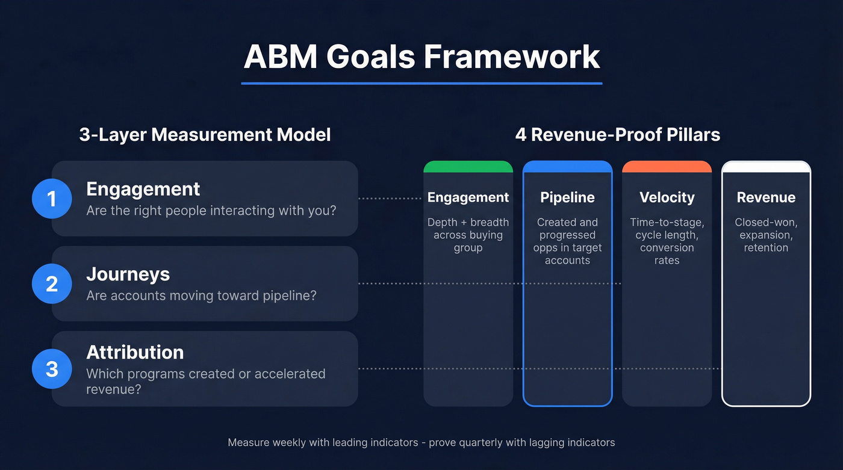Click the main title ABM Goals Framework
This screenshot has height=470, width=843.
(x=421, y=57)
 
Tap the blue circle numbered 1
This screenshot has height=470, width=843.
(x=52, y=198)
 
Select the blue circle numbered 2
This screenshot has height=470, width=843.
(x=52, y=283)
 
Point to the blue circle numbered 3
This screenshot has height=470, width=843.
(x=52, y=368)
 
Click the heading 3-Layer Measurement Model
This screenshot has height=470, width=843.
(x=205, y=134)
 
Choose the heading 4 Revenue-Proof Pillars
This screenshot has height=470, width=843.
(x=617, y=134)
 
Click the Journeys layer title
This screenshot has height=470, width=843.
(x=128, y=274)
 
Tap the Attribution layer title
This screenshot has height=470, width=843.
(x=135, y=352)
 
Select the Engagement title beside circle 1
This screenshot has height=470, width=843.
(x=143, y=189)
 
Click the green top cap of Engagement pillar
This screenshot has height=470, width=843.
(x=468, y=167)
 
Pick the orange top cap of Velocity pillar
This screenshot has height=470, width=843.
(x=667, y=167)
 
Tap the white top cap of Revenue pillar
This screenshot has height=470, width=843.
(x=766, y=167)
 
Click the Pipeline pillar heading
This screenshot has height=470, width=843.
(x=567, y=197)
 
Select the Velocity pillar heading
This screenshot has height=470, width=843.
(x=667, y=197)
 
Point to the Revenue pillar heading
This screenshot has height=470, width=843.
(x=766, y=197)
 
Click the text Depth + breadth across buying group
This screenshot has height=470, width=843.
(x=468, y=235)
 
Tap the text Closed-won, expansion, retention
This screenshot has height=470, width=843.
(x=766, y=235)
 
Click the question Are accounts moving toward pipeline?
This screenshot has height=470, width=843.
(x=201, y=295)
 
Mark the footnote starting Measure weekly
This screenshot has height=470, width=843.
(x=421, y=442)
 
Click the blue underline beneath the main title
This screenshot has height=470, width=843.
(x=421, y=83)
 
